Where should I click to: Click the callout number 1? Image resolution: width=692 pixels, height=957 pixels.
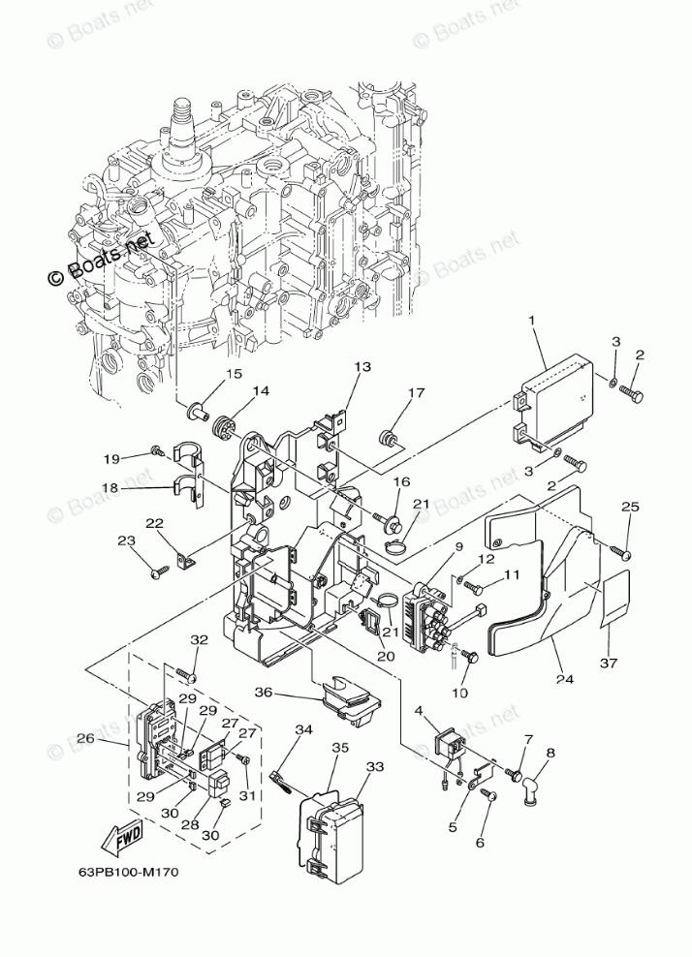[531, 321]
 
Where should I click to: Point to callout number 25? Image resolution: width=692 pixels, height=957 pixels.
[630, 507]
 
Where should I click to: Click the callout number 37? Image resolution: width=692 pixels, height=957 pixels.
[608, 663]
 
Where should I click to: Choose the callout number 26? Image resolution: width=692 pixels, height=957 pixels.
[84, 739]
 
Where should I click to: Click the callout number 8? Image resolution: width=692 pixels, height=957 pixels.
[550, 752]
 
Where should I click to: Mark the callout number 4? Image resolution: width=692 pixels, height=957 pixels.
[419, 712]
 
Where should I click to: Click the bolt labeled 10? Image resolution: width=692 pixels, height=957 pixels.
[473, 658]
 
